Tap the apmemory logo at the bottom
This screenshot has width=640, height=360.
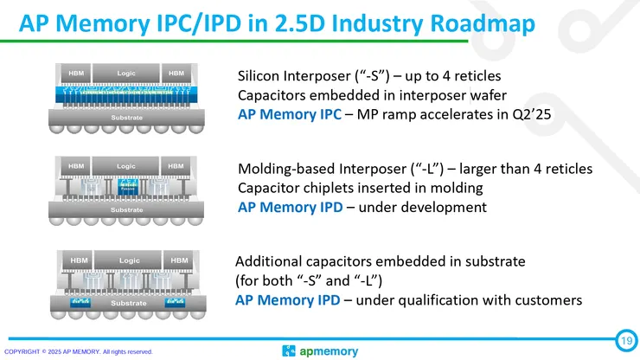320,350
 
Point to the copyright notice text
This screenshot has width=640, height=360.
79,352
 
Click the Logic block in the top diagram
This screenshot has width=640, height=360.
126,72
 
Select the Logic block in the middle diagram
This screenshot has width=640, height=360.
126,165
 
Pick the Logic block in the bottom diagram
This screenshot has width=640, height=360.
129,260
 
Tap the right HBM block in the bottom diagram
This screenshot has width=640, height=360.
179,260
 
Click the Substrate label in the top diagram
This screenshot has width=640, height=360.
126,115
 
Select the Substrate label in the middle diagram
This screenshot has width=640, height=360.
126,209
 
